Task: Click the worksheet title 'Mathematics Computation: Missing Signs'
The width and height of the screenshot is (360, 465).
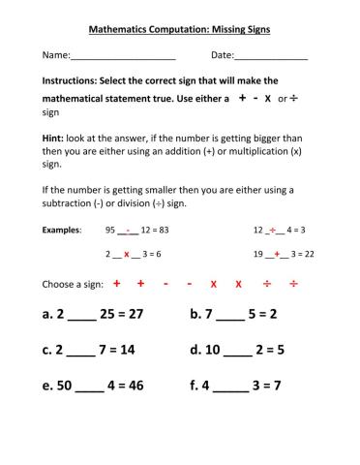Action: tap(179, 30)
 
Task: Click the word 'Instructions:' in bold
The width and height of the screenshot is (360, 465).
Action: tap(70, 80)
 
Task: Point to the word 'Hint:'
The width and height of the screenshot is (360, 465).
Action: tap(53, 139)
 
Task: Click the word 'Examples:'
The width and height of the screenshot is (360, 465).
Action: tap(62, 231)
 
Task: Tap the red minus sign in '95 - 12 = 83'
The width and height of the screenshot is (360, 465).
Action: tap(128, 230)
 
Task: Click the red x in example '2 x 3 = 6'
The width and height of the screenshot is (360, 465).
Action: tap(126, 254)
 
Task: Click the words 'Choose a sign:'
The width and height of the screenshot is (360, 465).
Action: tap(71, 285)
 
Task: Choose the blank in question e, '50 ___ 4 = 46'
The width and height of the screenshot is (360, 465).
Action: tap(89, 386)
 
